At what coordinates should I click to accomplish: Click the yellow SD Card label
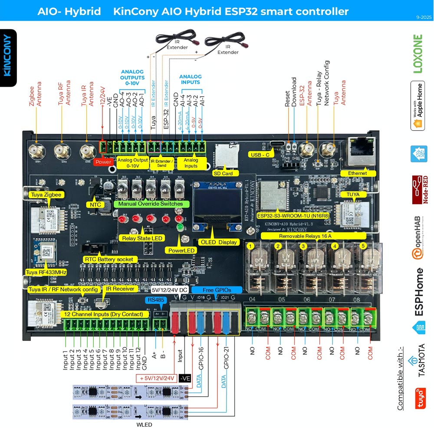click(223, 173)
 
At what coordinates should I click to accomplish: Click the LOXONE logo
click(418, 54)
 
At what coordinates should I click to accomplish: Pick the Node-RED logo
click(419, 189)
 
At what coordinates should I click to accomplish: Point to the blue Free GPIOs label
click(217, 290)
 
